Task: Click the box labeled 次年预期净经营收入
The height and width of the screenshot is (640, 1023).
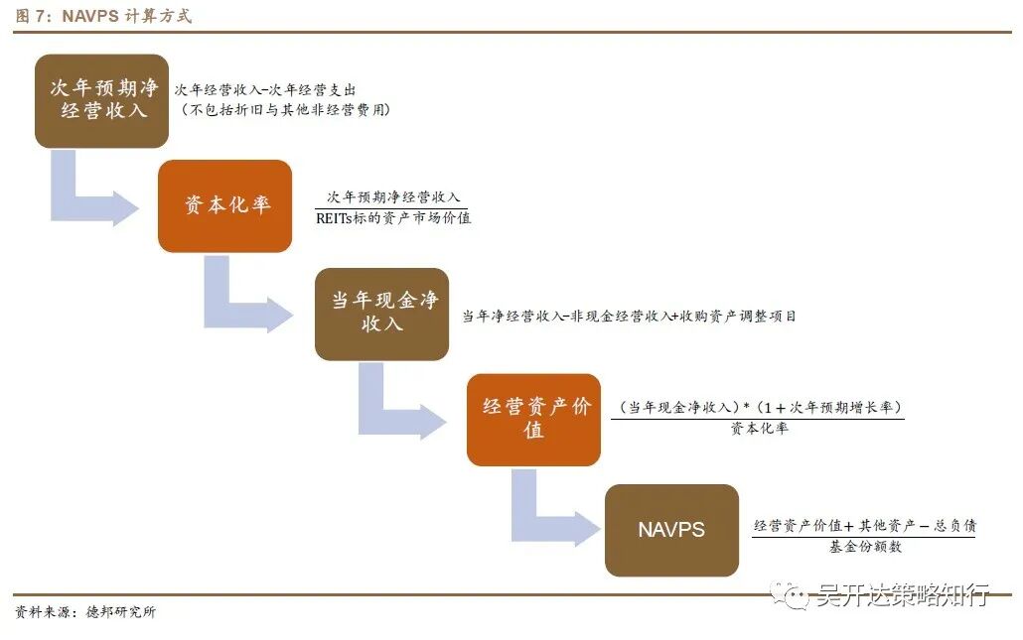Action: coord(101,100)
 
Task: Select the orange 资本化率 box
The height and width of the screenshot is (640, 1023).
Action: coord(224,205)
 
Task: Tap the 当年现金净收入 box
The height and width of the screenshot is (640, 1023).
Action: coord(381,314)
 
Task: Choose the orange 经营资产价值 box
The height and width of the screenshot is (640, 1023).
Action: coord(533,419)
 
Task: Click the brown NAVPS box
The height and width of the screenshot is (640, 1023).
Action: coord(671,530)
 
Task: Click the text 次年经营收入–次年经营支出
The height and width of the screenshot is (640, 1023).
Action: coord(265,89)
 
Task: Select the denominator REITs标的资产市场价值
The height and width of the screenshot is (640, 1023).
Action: coord(393,218)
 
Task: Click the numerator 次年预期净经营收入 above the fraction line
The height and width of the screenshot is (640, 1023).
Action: coord(394,197)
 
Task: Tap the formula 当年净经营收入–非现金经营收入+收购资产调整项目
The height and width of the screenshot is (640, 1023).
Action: coord(629,317)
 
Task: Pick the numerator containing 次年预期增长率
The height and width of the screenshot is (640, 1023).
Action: coord(758,407)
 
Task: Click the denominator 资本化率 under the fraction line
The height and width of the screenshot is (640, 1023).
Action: coord(759,429)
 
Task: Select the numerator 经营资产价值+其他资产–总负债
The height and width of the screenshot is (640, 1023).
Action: coord(864,525)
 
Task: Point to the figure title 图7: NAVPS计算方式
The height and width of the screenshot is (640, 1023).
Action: coord(103,16)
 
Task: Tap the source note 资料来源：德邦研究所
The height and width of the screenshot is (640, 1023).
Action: coord(85,612)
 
